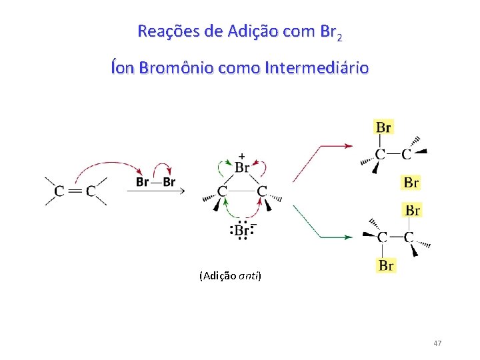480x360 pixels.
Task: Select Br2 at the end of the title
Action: pyautogui.click(x=331, y=31)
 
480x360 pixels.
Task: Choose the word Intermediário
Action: pyautogui.click(x=316, y=67)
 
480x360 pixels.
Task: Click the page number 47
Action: pyautogui.click(x=437, y=343)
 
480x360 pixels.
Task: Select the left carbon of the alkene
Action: pyautogui.click(x=59, y=191)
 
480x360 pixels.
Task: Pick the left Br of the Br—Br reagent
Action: pyautogui.click(x=142, y=181)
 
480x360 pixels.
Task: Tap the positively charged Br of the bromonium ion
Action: pyautogui.click(x=241, y=167)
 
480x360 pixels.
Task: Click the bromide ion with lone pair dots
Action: pyautogui.click(x=241, y=231)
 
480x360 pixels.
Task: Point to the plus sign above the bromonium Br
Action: pyautogui.click(x=241, y=153)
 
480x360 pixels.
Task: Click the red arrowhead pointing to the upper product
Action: pyautogui.click(x=347, y=145)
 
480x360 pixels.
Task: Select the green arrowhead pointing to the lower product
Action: pyautogui.click(x=347, y=236)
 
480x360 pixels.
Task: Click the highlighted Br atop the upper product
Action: pyautogui.click(x=383, y=127)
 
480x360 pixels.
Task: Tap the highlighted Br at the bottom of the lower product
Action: pyautogui.click(x=386, y=265)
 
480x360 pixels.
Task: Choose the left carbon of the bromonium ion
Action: pyautogui.click(x=222, y=191)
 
